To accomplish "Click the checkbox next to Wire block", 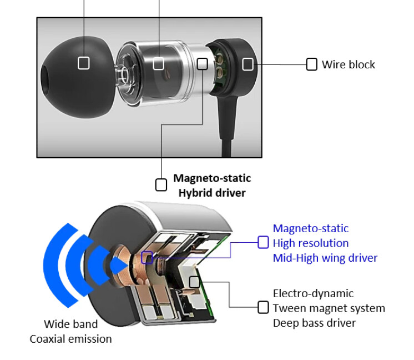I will (x=312, y=64).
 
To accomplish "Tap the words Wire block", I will (x=349, y=64).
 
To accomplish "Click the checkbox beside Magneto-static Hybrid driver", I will (x=161, y=185).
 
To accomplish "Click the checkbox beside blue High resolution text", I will (x=264, y=242).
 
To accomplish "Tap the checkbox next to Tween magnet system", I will (x=264, y=307).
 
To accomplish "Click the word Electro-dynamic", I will (x=313, y=293).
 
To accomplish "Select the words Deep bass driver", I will (x=314, y=323).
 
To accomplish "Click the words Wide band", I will (x=70, y=324).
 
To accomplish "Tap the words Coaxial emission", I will (x=70, y=338).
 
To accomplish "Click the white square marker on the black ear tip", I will (x=83, y=63).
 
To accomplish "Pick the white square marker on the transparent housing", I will (x=158, y=64).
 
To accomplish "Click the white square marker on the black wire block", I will (x=248, y=64).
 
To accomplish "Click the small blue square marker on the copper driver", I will (x=147, y=257).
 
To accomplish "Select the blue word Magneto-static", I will (x=311, y=228).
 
